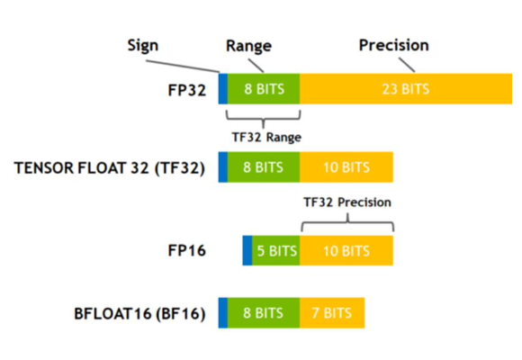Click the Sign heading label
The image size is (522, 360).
click(143, 46)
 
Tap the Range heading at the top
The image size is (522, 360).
click(248, 46)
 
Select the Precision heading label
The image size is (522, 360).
click(394, 45)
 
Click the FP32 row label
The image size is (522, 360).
click(187, 90)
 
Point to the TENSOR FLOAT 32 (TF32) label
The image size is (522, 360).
click(110, 167)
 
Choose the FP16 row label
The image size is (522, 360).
click(187, 250)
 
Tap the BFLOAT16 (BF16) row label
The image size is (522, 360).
click(139, 313)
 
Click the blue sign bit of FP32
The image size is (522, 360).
click(222, 89)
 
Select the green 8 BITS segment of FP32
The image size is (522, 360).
click(264, 89)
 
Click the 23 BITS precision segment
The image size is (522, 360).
click(406, 89)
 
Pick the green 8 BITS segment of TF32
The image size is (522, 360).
click(264, 167)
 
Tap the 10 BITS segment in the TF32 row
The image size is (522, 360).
click(346, 167)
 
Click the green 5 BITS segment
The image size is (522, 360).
click(276, 250)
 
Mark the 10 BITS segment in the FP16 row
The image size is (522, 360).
click(346, 250)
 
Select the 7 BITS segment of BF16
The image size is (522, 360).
click(332, 313)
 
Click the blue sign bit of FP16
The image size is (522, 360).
click(247, 250)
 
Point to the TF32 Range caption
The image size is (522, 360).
click(266, 137)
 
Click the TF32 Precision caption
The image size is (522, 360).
click(347, 202)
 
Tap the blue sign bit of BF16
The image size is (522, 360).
click(222, 313)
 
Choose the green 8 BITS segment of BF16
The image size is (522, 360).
click(264, 313)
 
